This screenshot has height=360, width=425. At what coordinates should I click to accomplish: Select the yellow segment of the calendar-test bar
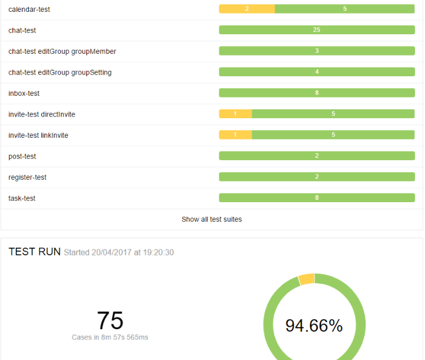(246, 9)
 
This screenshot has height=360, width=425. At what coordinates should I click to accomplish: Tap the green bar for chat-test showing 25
(317, 30)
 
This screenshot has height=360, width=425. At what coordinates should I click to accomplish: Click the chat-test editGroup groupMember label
(62, 51)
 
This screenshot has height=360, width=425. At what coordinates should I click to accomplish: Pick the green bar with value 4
(317, 72)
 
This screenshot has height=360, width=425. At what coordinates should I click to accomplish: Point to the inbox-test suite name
(24, 93)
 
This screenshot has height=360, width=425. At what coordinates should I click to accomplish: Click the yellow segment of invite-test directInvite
(235, 114)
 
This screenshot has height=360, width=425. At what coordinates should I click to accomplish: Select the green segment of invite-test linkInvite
(333, 135)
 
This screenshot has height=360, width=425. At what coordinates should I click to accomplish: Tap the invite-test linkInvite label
(38, 135)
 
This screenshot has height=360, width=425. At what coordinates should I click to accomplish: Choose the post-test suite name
(22, 157)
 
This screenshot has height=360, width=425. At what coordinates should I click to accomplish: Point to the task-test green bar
(317, 198)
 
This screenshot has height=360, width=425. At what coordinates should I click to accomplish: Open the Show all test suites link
(212, 219)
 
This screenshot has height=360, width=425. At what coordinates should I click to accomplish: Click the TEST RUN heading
(34, 252)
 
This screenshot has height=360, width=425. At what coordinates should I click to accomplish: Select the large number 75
(110, 320)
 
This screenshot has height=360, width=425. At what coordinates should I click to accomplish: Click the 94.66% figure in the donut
(314, 326)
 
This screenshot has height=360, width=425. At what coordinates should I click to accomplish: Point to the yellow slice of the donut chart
(307, 279)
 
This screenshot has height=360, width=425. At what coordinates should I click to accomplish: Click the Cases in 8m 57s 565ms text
(110, 337)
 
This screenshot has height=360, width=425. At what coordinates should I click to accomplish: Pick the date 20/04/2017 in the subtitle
(112, 253)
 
